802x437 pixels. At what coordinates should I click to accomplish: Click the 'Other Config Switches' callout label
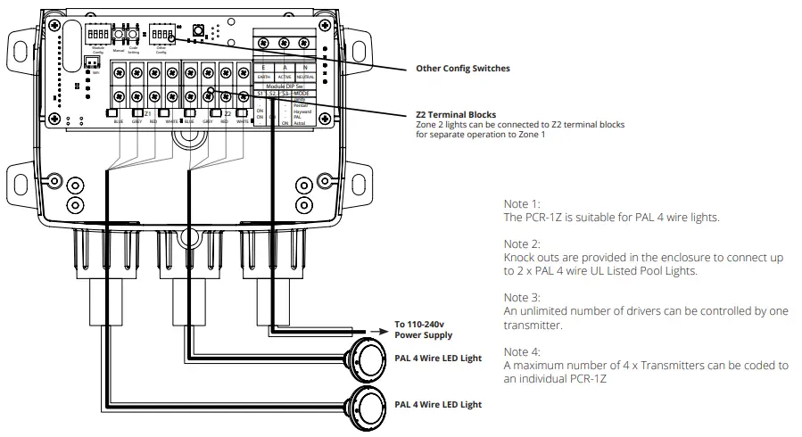pos(463,68)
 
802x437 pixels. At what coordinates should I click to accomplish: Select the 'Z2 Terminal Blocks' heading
pos(456,115)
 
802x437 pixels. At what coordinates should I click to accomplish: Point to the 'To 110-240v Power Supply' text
pos(423,330)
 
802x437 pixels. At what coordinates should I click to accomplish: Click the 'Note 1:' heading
pos(522,203)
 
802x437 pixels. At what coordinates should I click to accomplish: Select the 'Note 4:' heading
pos(522,351)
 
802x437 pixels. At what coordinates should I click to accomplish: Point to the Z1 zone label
pos(148,114)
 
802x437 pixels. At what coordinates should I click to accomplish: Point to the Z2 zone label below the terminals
pos(227,114)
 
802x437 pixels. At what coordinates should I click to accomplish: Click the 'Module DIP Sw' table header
pos(284,86)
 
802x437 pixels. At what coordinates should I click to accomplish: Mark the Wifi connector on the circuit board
pos(90,63)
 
